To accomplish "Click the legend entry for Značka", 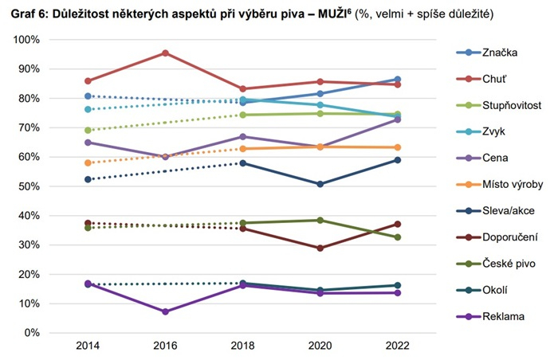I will tap(500, 53).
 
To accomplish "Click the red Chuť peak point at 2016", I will tap(165, 53).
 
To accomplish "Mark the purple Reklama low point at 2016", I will tap(165, 311).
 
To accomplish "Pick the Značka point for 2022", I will tap(397, 80).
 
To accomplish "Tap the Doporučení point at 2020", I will tap(320, 248).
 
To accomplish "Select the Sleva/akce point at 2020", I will tap(320, 184).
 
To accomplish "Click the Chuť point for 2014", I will tap(88, 81).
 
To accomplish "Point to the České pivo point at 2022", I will tap(397, 237).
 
